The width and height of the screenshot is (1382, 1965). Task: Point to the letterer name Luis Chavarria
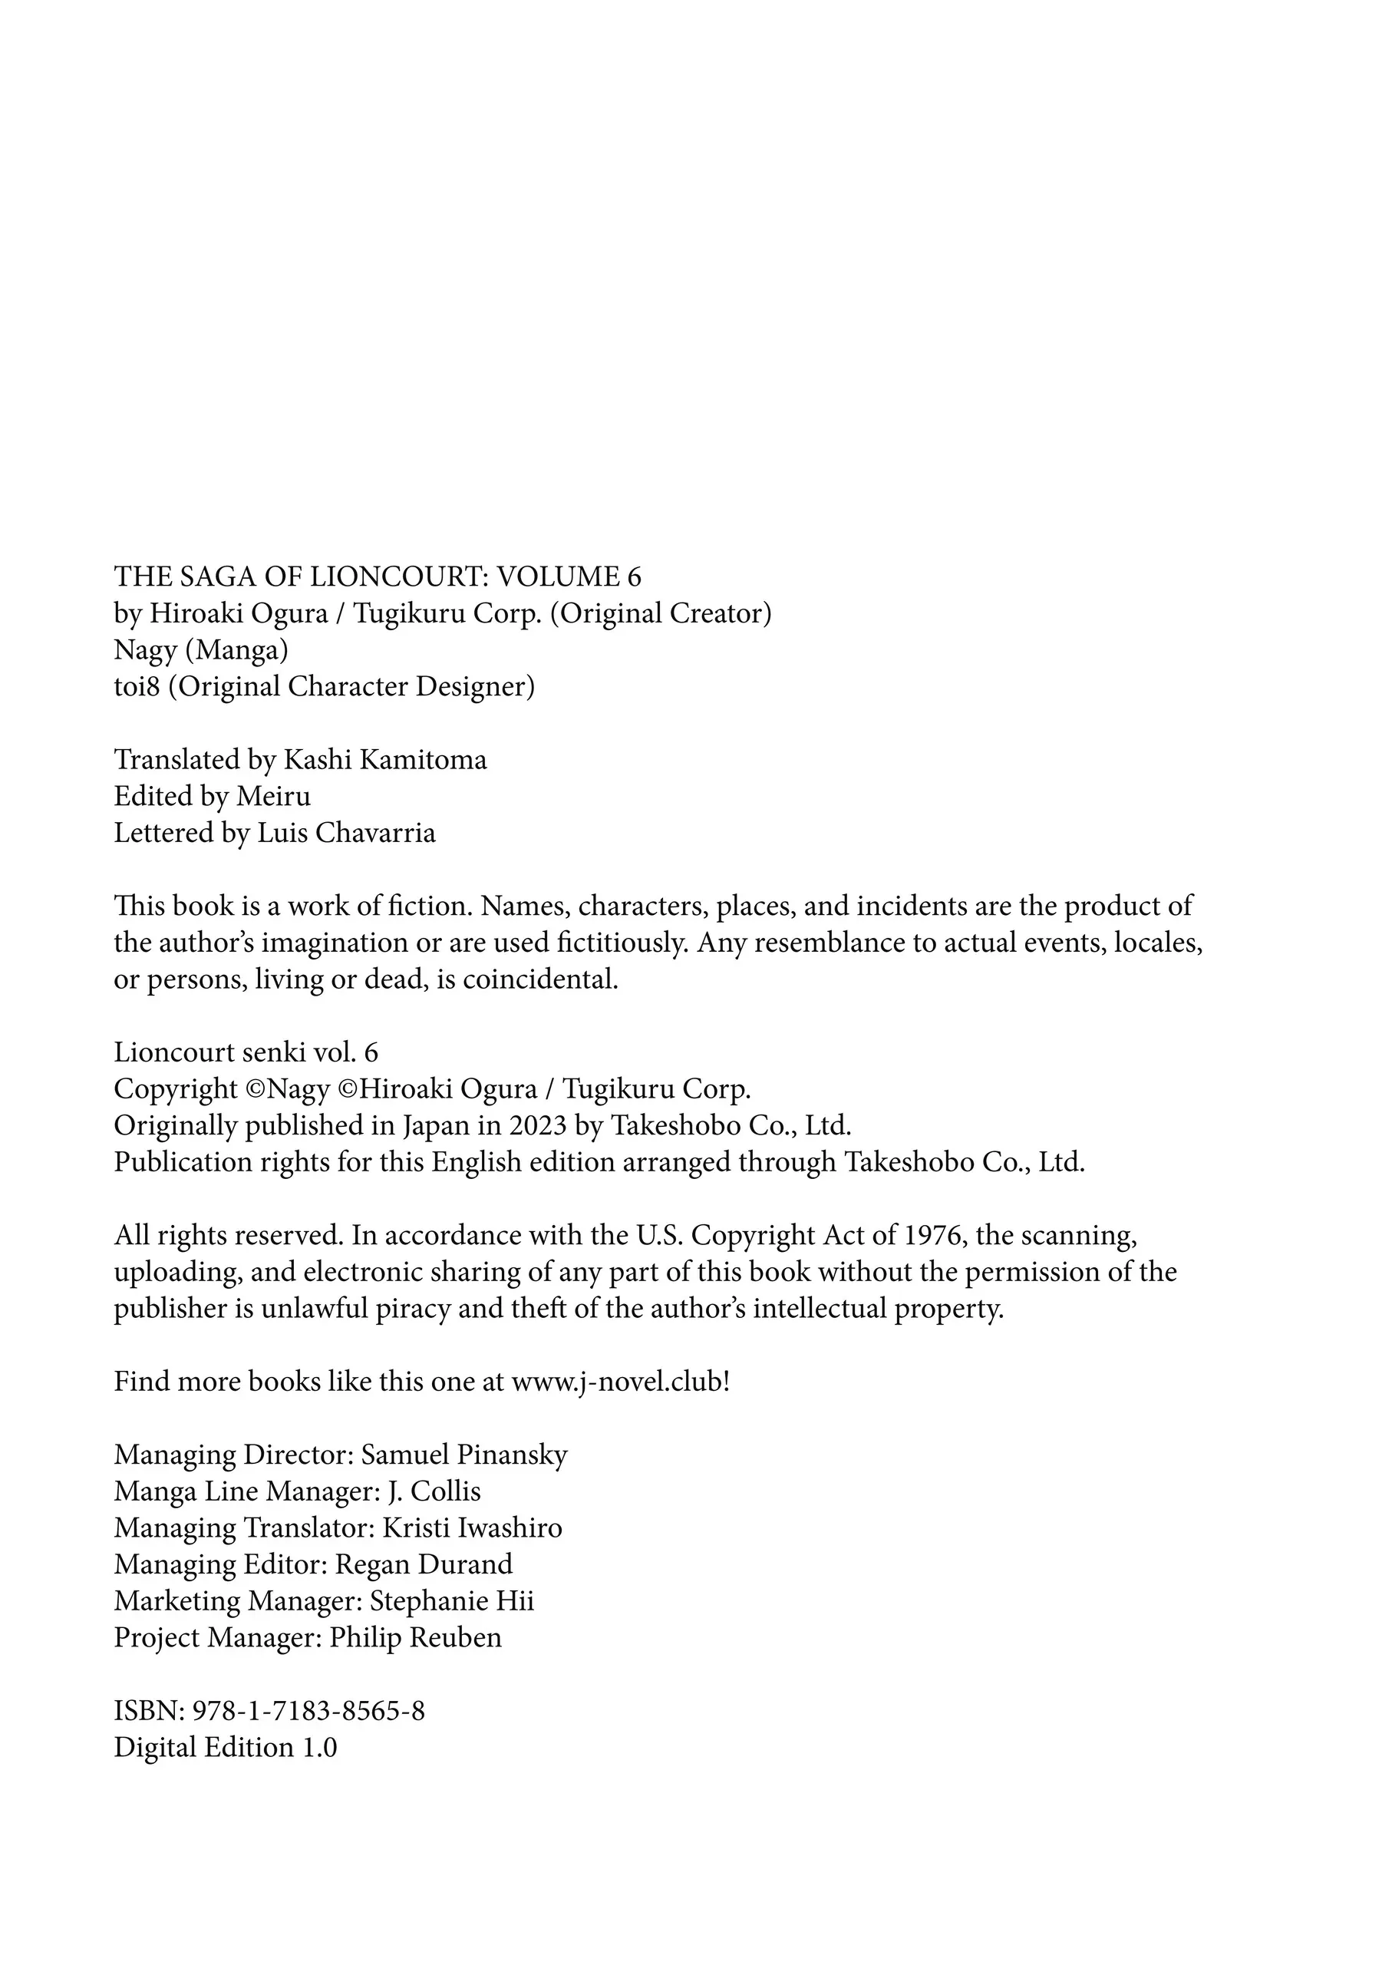pyautogui.click(x=346, y=834)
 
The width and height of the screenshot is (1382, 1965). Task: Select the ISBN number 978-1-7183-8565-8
pyautogui.click(x=309, y=1712)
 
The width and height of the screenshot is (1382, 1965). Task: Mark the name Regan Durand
pyautogui.click(x=424, y=1565)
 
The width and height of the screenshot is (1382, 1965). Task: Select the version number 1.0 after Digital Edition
pyautogui.click(x=319, y=1748)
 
